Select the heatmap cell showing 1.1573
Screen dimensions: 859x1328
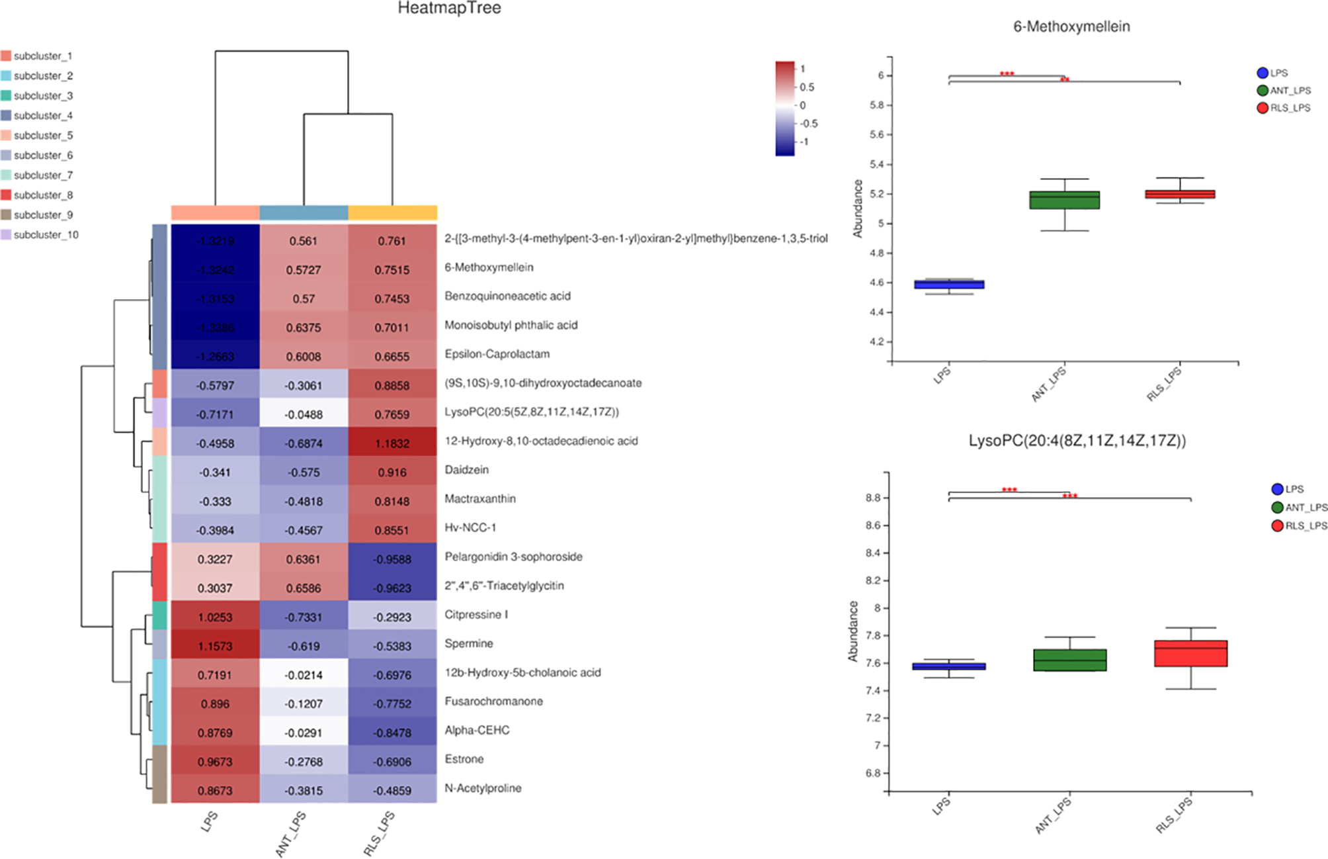(x=215, y=646)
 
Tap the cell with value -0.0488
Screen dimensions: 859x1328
(x=304, y=414)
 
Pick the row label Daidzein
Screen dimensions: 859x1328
(x=466, y=470)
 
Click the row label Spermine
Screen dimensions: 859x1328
(x=468, y=643)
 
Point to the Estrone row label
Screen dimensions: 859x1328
(x=464, y=759)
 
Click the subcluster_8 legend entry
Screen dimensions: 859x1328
(x=43, y=195)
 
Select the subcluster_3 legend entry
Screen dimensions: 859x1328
(x=43, y=96)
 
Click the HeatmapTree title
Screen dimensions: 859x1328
(x=449, y=9)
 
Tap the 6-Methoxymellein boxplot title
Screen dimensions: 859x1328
(x=1071, y=27)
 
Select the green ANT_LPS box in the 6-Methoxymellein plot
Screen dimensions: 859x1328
(x=1064, y=200)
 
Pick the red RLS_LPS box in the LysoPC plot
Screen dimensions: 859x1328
(x=1190, y=653)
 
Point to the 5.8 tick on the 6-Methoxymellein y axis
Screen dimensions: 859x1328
(x=876, y=105)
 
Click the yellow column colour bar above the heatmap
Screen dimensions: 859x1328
(x=392, y=212)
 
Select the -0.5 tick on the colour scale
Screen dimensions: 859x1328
(x=809, y=124)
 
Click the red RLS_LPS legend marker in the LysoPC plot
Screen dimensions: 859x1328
(x=1278, y=526)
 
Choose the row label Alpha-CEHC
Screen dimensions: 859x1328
(x=477, y=730)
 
